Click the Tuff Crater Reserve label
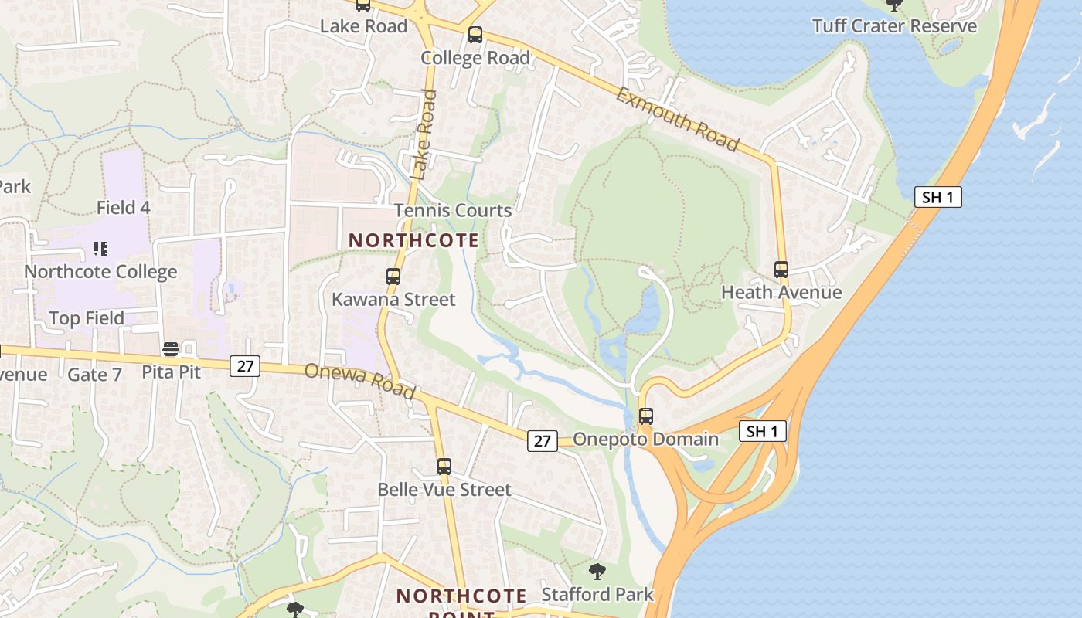point(894,26)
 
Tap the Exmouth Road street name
point(678,119)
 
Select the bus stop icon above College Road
point(475,35)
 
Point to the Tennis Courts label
point(453,210)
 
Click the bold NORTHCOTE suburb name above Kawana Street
point(413,240)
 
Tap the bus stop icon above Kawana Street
point(393,277)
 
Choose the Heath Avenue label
point(781,292)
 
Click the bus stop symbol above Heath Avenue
point(781,270)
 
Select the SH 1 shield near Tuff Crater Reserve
point(937,197)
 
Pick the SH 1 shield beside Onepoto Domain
point(763,431)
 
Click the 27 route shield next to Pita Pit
point(245,366)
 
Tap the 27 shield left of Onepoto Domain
point(543,440)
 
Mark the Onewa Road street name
point(359,381)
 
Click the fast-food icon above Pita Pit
point(171,350)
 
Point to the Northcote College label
point(100,272)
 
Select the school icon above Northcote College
point(100,249)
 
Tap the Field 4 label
point(123,208)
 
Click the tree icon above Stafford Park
point(597,572)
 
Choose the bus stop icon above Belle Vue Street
point(444,467)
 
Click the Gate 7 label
point(94,375)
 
